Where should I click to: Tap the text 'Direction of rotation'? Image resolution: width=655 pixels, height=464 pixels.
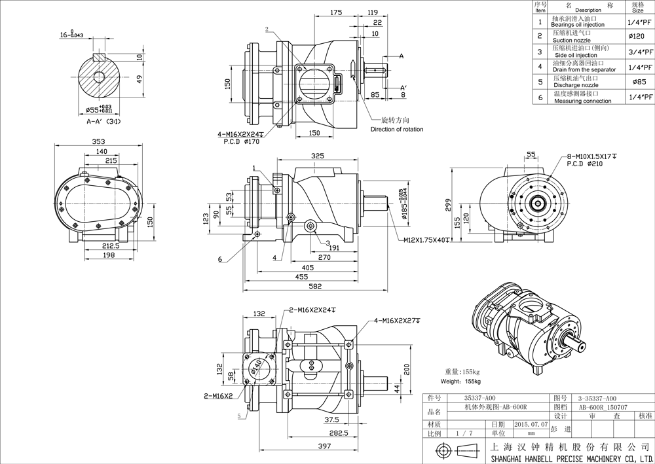[x=397, y=129]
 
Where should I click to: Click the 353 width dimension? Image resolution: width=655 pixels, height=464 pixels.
[x=98, y=141]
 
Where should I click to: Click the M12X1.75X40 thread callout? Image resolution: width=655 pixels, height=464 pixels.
[x=426, y=240]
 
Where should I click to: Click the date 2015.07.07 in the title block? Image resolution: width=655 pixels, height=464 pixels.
[x=531, y=424]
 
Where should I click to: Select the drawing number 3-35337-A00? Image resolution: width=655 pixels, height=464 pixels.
[x=597, y=397]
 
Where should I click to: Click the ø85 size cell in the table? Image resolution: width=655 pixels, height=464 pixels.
[x=637, y=82]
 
